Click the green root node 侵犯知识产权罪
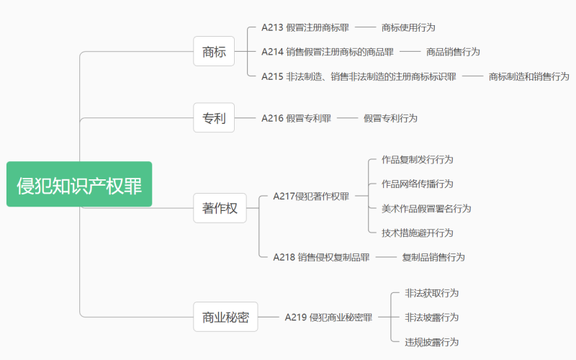[79, 184]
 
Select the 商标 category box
[214, 51]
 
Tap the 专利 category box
[214, 117]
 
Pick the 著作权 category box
[220, 208]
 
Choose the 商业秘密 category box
[225, 317]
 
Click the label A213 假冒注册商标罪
[305, 27]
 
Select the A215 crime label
[359, 76]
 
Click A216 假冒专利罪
[296, 117]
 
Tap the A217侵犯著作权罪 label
[311, 196]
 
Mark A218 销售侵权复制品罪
[321, 257]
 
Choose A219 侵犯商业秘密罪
[328, 317]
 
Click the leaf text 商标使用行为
[408, 27]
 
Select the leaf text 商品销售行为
[453, 52]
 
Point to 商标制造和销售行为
[528, 76]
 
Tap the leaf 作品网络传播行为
[418, 184]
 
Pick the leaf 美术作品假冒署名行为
[426, 208]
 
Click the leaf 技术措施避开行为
[418, 233]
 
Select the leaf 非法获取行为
[432, 293]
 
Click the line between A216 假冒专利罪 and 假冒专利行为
[347, 117]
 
